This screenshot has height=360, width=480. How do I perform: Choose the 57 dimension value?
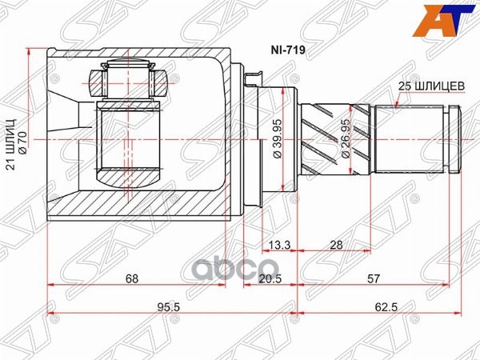coord(374,278)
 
